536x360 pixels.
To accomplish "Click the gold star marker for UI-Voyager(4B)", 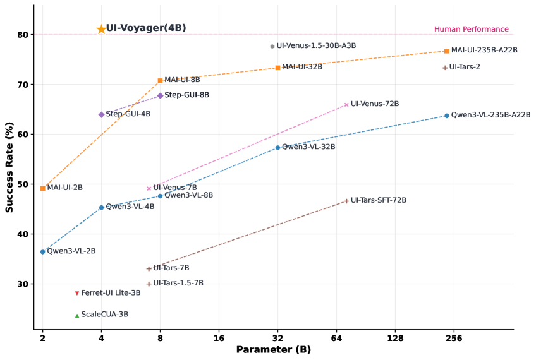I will click(101, 29).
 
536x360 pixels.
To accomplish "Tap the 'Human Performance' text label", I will click(471, 29).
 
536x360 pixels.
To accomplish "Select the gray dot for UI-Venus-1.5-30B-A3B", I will click(272, 46).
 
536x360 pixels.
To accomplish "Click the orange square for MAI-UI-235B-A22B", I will click(447, 51).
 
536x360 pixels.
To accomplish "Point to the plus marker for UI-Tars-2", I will click(445, 68).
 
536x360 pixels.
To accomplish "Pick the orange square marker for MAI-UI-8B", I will click(160, 80).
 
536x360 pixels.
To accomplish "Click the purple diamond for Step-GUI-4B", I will click(101, 114).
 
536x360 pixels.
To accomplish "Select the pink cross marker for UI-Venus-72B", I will click(346, 104).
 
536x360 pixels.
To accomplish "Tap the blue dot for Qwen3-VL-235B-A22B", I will click(447, 116).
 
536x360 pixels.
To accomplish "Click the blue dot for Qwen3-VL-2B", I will click(42, 251).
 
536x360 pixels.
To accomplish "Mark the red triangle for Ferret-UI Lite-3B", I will click(77, 293).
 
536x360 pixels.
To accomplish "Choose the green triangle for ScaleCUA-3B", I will click(77, 315).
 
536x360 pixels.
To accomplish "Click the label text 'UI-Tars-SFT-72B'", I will click(378, 200).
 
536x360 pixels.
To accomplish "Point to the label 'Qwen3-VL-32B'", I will click(308, 147).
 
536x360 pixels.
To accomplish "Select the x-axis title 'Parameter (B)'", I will click(273, 350).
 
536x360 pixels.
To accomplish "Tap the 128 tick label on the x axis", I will click(395, 338).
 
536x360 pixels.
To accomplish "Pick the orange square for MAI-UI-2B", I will click(42, 188).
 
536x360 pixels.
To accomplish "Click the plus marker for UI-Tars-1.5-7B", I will click(149, 284).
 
